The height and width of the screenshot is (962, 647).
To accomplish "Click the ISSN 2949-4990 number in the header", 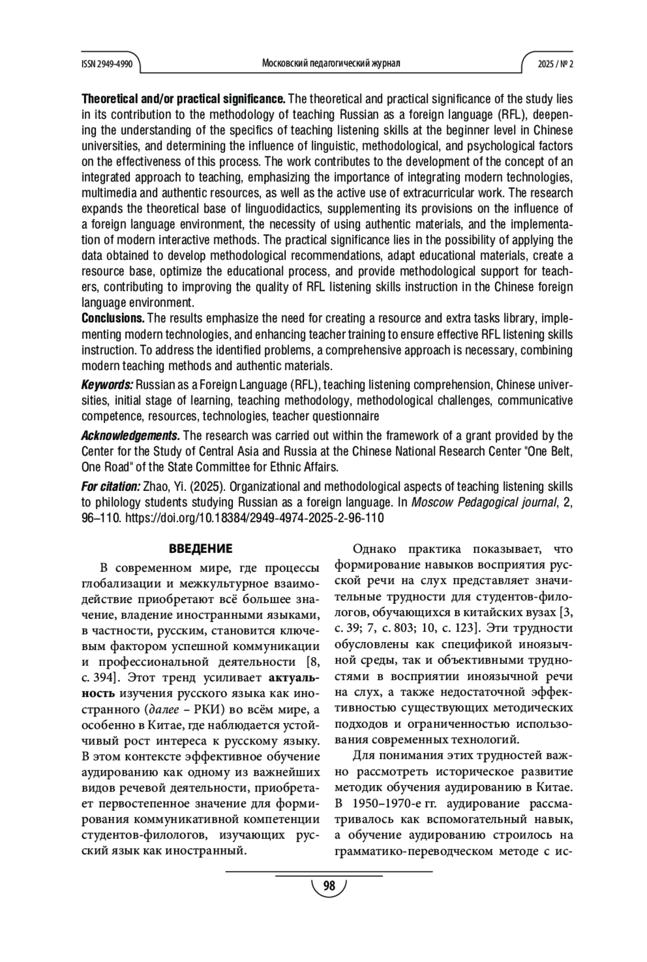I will point(107,64).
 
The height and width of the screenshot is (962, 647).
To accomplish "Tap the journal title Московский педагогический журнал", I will point(331,64).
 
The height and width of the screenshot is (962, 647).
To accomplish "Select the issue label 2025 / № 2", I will point(555,64).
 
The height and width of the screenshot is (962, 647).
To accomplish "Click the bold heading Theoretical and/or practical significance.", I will point(183,99).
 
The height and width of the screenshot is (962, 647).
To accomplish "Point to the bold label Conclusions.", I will point(113,318).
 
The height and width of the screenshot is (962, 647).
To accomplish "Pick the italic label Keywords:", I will point(107,385).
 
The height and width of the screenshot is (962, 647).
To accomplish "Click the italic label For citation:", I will point(111,487).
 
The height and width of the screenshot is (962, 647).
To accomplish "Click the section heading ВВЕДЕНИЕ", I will point(201,549).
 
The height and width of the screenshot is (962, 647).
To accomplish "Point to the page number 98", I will point(328,886).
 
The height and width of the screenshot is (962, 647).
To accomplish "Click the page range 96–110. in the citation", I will point(102,518).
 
